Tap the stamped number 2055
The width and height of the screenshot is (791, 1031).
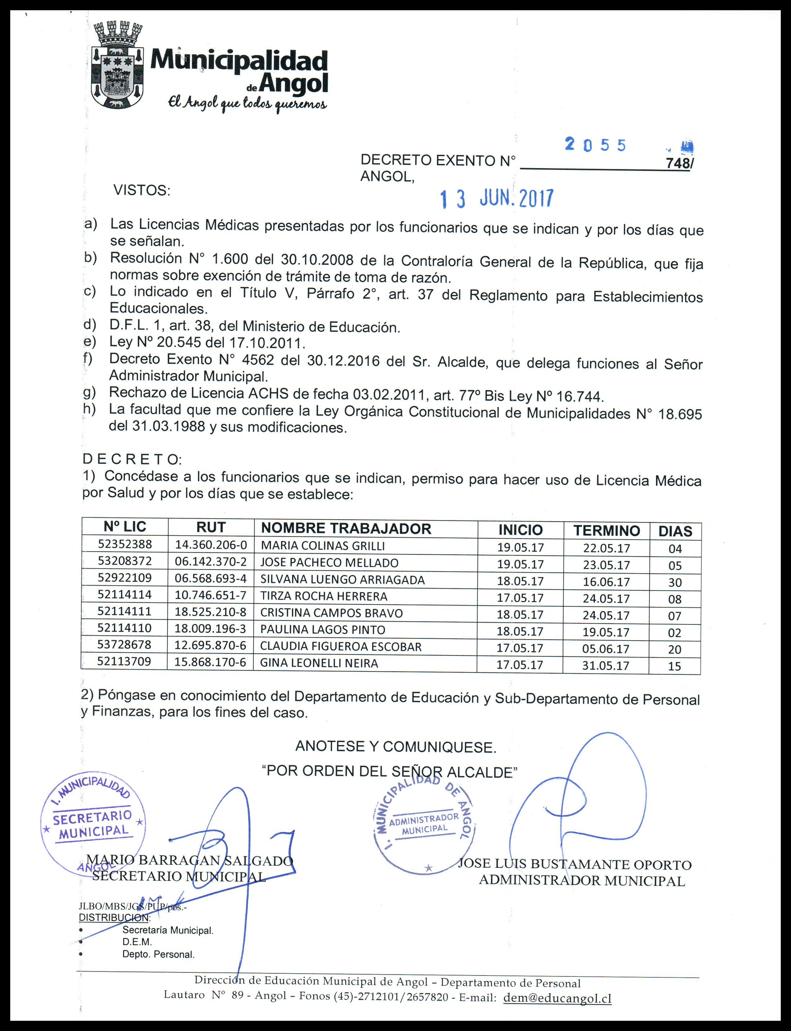pos(595,145)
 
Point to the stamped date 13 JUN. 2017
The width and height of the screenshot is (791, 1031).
pos(497,200)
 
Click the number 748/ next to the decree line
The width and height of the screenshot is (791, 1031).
pos(679,163)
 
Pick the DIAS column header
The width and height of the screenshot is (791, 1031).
pos(675,532)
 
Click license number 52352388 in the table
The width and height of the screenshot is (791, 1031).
pos(125,544)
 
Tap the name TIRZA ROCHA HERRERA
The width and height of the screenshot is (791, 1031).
pos(324,596)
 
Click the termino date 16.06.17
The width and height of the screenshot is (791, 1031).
pos(606,582)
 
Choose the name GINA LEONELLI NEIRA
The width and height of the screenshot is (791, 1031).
pos(319,663)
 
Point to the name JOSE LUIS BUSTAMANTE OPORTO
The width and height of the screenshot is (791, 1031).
pos(574,865)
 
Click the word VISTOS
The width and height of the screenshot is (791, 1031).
pos(142,191)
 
